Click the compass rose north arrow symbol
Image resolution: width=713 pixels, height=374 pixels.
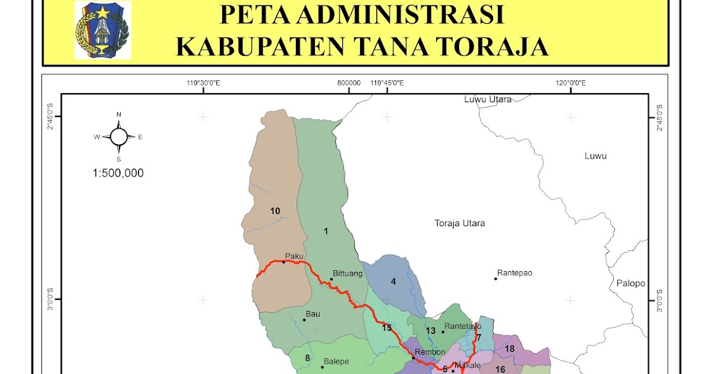pos(119,137)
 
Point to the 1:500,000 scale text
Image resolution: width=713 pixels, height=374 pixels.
pos(118,173)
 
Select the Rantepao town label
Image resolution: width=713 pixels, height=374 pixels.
pos(516,273)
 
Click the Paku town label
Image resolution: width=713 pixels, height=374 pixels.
pos(294,256)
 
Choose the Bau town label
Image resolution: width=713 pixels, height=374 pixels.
pos(313,314)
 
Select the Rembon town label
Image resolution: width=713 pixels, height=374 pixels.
pos(430,352)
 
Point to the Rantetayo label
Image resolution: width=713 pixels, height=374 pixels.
pos(463,326)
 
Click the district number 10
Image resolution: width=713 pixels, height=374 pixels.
pos(275,211)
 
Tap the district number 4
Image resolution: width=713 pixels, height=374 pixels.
pos(393,281)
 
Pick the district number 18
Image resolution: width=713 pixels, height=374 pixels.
pos(509,348)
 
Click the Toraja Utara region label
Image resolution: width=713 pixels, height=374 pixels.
pos(460,224)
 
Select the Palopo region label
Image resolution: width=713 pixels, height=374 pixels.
pos(630,283)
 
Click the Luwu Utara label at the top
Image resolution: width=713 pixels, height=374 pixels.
pos(488,99)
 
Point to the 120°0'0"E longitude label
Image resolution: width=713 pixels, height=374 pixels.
pos(570,83)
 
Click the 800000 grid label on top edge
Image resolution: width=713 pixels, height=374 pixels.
pos(349,83)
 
